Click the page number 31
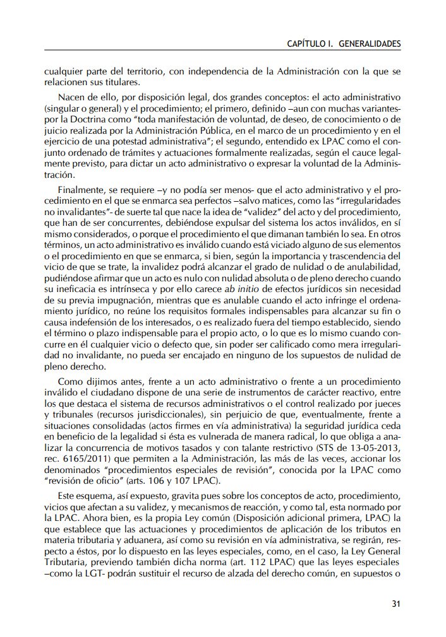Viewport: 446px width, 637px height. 396,604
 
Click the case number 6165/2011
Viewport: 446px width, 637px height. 89,458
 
